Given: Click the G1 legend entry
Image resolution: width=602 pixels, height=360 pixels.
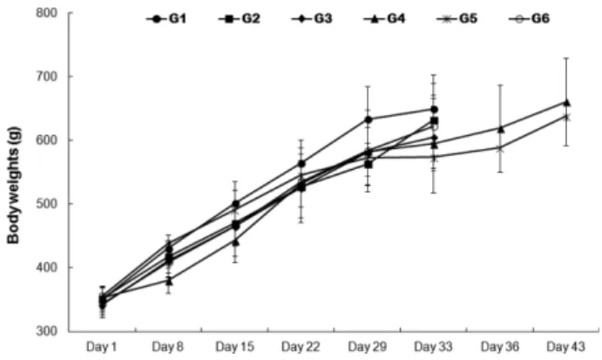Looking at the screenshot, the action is tap(166, 19).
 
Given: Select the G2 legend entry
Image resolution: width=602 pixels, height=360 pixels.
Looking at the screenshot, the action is tap(239, 19).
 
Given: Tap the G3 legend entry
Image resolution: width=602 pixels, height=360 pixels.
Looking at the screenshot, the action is tap(311, 19).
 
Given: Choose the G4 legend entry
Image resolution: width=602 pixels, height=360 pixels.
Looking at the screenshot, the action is tap(384, 19).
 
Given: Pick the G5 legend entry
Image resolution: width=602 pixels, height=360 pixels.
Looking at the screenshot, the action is tap(457, 19).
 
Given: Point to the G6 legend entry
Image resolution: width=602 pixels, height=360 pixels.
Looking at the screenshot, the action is tap(529, 19).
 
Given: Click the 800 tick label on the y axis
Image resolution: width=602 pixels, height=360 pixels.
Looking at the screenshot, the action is tap(46, 13).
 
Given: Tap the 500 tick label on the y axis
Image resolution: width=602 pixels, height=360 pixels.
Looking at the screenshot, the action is tap(46, 203).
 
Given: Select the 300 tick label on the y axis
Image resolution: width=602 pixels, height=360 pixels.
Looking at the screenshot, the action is tap(46, 330).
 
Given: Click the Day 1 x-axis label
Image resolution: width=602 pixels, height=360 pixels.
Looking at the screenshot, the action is tap(101, 347).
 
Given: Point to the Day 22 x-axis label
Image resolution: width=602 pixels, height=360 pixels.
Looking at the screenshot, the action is tap(301, 347).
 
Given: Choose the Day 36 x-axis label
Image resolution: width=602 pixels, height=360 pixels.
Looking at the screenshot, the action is tap(500, 347).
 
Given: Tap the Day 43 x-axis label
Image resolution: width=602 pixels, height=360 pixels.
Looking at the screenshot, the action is tap(566, 347).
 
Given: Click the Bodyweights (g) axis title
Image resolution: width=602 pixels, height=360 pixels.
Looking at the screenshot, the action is tap(13, 185).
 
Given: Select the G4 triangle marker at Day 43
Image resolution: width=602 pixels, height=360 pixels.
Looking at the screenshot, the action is tap(566, 103).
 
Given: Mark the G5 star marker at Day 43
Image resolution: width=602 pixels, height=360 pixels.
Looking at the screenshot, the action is tap(566, 118).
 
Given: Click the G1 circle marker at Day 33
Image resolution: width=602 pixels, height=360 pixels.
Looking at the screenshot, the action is tap(434, 110).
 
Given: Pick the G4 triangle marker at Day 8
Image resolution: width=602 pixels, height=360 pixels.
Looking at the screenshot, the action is tap(169, 282).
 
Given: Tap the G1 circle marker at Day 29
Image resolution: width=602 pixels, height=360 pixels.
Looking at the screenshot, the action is tap(368, 119).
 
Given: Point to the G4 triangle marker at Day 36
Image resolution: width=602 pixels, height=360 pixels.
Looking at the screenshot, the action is tap(500, 129).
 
